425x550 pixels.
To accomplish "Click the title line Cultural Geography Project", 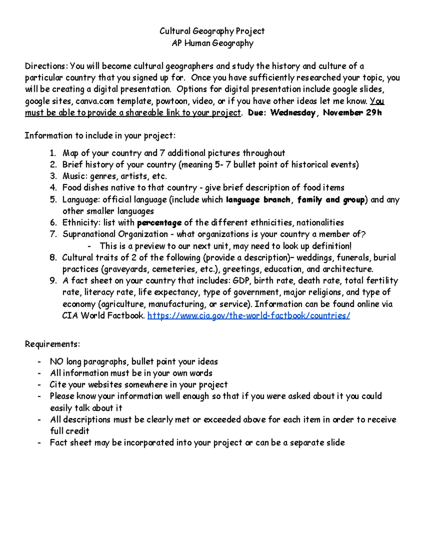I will point(212,31).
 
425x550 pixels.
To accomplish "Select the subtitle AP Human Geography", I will point(212,43).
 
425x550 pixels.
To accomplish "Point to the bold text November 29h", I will point(352,113).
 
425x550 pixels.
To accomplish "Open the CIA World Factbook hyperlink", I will point(248,316).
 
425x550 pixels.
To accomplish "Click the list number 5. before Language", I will point(53,200).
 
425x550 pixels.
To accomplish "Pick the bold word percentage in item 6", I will point(159,223).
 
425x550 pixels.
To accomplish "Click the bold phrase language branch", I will point(258,200).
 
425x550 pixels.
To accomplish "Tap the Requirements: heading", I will point(52,344).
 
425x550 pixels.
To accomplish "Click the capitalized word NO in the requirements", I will point(57,362).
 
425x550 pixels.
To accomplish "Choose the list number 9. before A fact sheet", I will point(53,281).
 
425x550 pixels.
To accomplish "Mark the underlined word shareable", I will point(144,113).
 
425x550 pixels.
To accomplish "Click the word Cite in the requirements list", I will point(58,385).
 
